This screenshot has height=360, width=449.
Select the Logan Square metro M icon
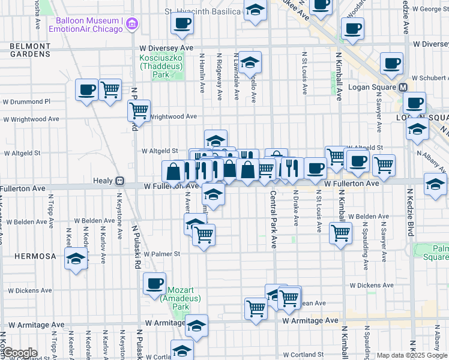(404, 88)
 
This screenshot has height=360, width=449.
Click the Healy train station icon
(120, 180)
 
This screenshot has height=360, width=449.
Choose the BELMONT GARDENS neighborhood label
(29, 50)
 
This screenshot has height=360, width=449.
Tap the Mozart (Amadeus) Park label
(173, 298)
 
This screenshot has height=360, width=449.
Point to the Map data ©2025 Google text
(411, 355)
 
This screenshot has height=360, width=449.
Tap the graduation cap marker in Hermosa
(76, 259)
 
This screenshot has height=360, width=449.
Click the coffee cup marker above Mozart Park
(154, 283)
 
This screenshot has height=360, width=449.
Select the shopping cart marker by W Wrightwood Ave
(139, 110)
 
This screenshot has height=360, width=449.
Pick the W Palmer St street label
(162, 254)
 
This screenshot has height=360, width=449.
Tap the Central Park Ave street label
(273, 220)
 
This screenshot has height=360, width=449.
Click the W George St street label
(428, 9)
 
